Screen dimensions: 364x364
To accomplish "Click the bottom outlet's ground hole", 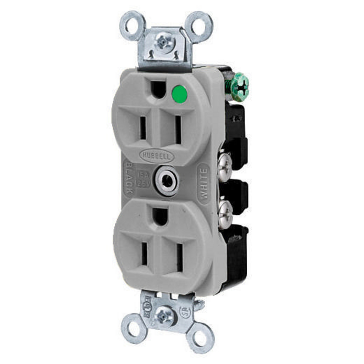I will pyautogui.click(x=160, y=216).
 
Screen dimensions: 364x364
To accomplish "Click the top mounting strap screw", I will pyautogui.click(x=161, y=42).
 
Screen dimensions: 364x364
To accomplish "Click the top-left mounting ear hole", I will pyautogui.click(x=132, y=27).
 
